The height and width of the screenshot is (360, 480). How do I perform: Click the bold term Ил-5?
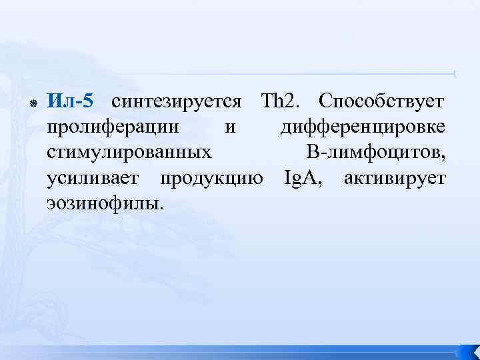tap(71, 101)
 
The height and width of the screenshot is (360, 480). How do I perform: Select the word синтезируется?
tap(177, 101)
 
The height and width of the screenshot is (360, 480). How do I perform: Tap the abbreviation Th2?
tap(281, 101)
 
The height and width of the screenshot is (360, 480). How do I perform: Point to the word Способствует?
tap(381, 101)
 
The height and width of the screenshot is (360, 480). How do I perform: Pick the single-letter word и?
tap(229, 127)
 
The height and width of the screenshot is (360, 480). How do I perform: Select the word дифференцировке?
tap(363, 127)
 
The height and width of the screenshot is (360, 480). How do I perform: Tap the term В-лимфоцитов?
tap(376, 153)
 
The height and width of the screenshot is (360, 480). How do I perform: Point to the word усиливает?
tap(93, 178)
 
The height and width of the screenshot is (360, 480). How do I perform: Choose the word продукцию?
tap(211, 178)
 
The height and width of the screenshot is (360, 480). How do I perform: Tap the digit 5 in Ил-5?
tap(89, 101)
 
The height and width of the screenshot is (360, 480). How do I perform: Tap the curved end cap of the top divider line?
tap(455, 73)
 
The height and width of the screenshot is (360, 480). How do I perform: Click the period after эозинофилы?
tap(161, 207)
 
